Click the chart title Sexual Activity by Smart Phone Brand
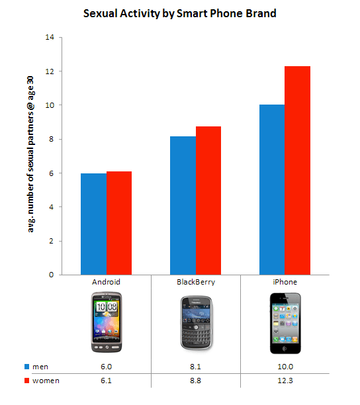[x=180, y=13]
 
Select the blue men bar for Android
[x=93, y=224]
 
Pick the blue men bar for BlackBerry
[x=183, y=205]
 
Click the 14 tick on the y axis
[x=50, y=37]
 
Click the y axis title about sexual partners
[x=31, y=156]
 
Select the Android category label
[x=106, y=281]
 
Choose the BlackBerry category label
[x=195, y=281]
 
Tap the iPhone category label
[x=285, y=281]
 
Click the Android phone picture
[x=106, y=321]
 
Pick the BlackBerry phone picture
[x=195, y=322]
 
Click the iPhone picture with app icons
[x=285, y=322]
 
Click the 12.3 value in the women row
[x=285, y=381]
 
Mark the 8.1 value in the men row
[x=195, y=366]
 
